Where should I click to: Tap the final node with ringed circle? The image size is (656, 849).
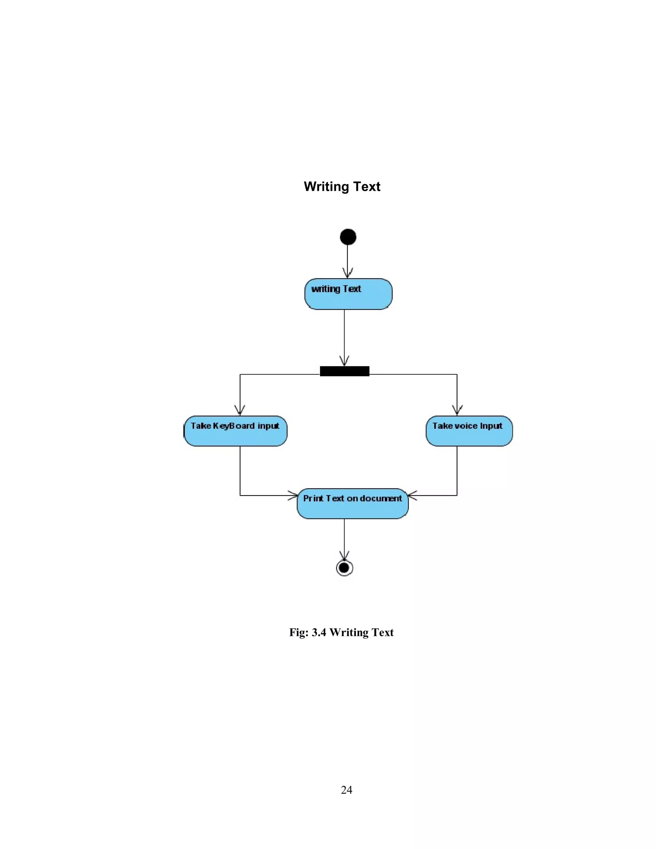pyautogui.click(x=344, y=568)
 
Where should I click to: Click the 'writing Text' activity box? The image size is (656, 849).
pyautogui.click(x=348, y=294)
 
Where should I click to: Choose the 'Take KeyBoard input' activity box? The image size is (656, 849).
pyautogui.click(x=235, y=431)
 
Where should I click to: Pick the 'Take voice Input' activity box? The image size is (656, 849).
pyautogui.click(x=469, y=431)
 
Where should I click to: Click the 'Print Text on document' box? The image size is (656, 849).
pyautogui.click(x=352, y=503)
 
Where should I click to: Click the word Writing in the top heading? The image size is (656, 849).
pyautogui.click(x=323, y=187)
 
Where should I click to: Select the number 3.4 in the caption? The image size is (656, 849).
pyautogui.click(x=319, y=633)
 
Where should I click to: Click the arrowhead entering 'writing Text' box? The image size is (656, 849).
pyautogui.click(x=348, y=273)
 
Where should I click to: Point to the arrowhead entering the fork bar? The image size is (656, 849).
pyautogui.click(x=344, y=361)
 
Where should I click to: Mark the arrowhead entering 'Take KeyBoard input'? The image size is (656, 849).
pyautogui.click(x=240, y=411)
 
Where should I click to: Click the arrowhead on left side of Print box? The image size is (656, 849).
pyautogui.click(x=293, y=495)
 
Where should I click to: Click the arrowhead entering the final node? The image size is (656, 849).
pyautogui.click(x=344, y=556)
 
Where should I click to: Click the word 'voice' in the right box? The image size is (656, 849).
pyautogui.click(x=465, y=426)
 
